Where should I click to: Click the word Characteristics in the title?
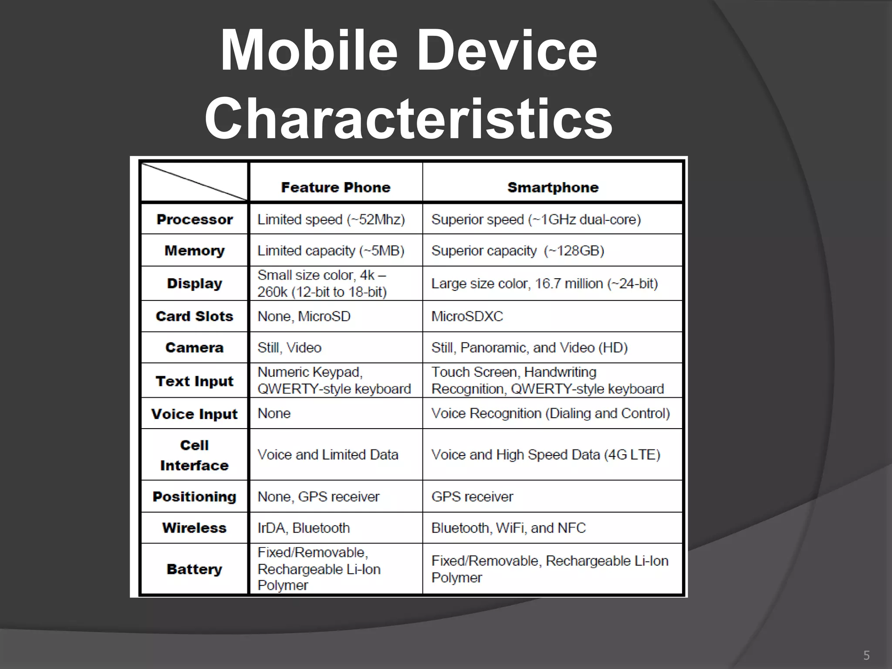point(409,118)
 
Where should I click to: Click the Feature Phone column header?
point(335,187)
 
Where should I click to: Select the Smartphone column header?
point(553,187)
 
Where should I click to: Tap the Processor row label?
point(194,219)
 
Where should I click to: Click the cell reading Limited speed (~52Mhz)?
point(331,219)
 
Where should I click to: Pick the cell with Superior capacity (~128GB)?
point(517,250)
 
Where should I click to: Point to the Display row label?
point(194,283)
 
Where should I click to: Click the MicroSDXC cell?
point(467,316)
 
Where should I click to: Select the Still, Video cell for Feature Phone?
point(289,348)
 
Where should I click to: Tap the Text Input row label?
point(194,381)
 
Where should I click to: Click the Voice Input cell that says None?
point(274,413)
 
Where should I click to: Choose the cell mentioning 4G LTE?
point(546,454)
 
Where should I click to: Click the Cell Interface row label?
point(194,455)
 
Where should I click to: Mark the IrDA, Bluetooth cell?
point(304,528)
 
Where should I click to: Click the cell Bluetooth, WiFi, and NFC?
point(508,528)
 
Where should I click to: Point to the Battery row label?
point(194,569)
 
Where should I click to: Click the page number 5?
point(866,655)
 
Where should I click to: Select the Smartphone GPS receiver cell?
point(472,497)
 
